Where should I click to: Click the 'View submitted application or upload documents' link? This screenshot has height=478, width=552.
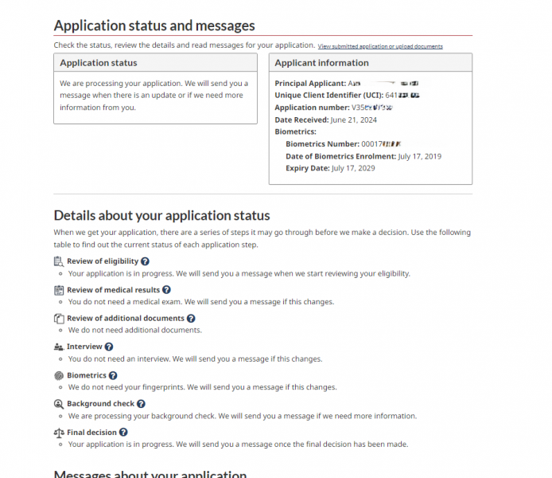pyautogui.click(x=380, y=47)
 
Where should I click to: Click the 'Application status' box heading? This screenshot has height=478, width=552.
pyautogui.click(x=99, y=63)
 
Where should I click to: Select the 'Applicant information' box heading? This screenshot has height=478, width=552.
pyautogui.click(x=321, y=63)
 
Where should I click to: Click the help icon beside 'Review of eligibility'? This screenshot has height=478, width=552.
pyautogui.click(x=146, y=261)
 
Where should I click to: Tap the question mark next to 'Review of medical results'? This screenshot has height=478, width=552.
pyautogui.click(x=166, y=290)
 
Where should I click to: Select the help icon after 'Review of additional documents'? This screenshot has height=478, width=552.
pyautogui.click(x=191, y=319)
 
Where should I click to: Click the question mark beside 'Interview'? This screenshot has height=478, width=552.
pyautogui.click(x=109, y=347)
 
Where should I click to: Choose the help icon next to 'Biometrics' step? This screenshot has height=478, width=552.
pyautogui.click(x=113, y=376)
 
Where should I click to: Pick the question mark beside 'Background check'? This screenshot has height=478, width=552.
pyautogui.click(x=141, y=404)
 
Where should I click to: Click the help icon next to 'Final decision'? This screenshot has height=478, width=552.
pyautogui.click(x=123, y=433)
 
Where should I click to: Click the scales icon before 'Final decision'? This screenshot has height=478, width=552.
pyautogui.click(x=59, y=433)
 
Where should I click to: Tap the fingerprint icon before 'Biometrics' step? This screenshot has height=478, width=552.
pyautogui.click(x=59, y=376)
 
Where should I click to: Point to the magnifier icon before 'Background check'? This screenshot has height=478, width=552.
pyautogui.click(x=59, y=404)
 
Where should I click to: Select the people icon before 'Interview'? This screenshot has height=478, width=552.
pyautogui.click(x=59, y=347)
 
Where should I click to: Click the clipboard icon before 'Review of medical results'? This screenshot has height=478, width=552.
pyautogui.click(x=59, y=290)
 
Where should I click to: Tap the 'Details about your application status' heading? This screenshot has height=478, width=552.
pyautogui.click(x=161, y=216)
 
